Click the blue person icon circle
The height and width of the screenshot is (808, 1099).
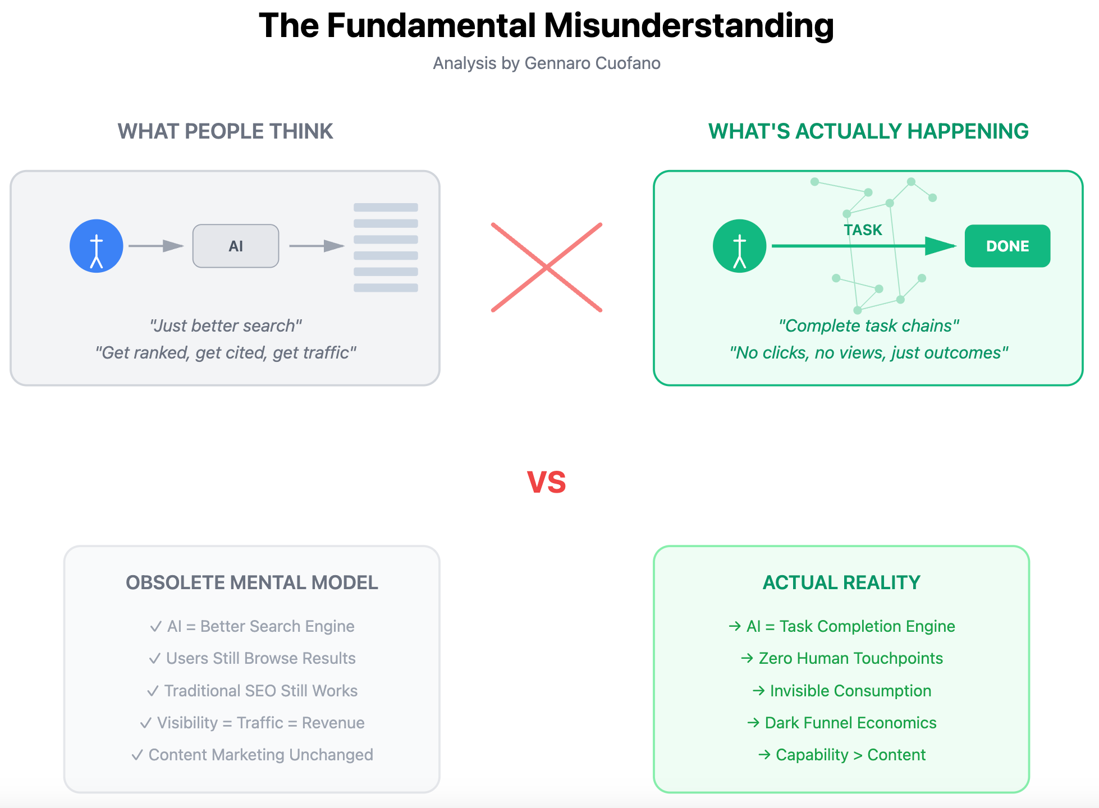tap(97, 246)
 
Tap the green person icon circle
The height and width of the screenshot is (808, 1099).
tap(739, 246)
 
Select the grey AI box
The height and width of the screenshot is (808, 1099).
tap(236, 246)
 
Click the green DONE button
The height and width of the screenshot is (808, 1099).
tap(1007, 246)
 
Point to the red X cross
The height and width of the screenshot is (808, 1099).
tap(547, 267)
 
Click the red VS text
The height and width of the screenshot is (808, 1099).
tap(547, 482)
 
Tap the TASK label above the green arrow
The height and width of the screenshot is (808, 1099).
tap(863, 230)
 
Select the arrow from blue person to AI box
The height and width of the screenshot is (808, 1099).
tap(155, 246)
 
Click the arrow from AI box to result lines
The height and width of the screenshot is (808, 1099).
tap(316, 246)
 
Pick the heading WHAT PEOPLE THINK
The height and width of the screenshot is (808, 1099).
tap(225, 131)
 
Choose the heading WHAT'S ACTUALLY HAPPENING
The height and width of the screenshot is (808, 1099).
tap(868, 131)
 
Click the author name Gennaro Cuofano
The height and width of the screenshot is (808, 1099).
tap(592, 63)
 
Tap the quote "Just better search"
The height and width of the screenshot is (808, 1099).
tap(225, 325)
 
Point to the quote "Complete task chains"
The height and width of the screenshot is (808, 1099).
tap(868, 325)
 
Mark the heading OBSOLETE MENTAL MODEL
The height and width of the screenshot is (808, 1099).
tap(251, 582)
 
